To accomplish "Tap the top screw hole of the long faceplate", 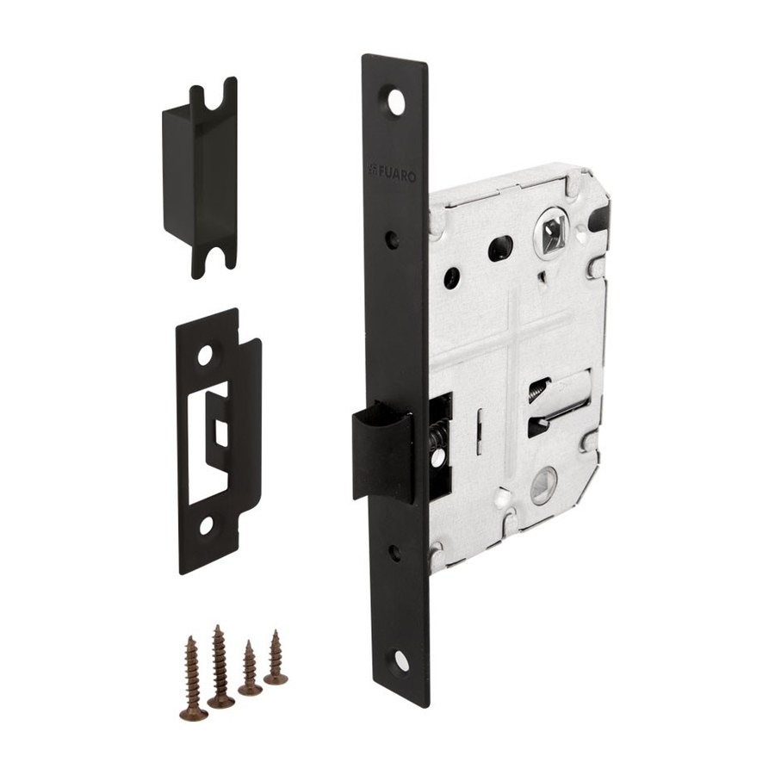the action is click(396, 102).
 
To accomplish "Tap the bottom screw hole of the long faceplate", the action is click(398, 659).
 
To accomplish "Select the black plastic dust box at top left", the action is click(200, 177).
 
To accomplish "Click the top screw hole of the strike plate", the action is click(206, 356).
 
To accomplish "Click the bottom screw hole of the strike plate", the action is click(207, 527).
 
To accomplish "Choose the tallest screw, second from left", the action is click(219, 664).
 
